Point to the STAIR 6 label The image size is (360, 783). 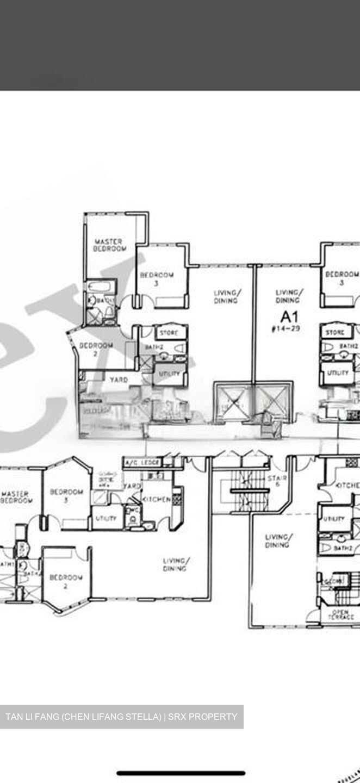274,481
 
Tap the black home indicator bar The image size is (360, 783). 181,773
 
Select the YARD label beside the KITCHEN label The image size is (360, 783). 132,486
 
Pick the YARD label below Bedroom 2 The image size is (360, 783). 119,379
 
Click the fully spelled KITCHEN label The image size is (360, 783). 157,499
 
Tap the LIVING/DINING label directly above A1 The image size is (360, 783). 287,296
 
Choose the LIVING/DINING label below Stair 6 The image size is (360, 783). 277,540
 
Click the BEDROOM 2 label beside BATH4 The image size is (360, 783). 66,581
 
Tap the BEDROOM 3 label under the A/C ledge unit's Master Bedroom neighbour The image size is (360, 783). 66,495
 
